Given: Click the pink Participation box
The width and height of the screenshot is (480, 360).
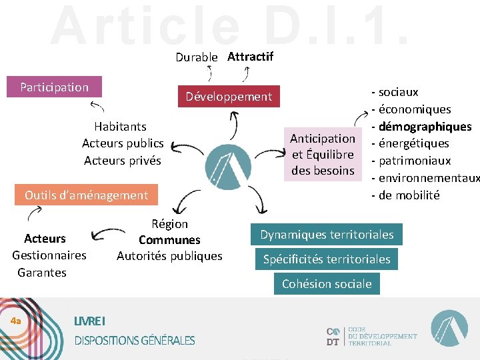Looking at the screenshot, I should point(54,87).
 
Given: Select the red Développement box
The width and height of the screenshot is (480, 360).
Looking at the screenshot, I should point(229,97).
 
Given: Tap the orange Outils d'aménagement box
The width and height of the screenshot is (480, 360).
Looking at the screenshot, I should point(86,195).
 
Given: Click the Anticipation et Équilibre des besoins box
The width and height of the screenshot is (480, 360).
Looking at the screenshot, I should point(323,155).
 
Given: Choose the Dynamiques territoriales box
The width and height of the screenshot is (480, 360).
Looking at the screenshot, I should point(327,235).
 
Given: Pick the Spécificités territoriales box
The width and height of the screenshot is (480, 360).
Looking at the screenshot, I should point(327,259).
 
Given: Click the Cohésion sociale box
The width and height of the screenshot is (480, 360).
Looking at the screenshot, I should point(327,284).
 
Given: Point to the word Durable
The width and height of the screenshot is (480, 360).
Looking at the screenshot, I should point(196,57).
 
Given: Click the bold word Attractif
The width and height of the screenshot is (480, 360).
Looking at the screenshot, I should point(250,57).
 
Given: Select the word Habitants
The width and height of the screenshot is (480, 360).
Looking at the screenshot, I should point(120,126).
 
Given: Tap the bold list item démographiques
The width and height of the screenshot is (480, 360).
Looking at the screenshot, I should point(425,127).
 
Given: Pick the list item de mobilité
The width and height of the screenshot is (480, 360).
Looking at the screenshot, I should point(409,195).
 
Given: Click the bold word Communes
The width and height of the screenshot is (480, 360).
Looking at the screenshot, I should point(169,240).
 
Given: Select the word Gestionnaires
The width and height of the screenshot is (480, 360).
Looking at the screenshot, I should point(49,255).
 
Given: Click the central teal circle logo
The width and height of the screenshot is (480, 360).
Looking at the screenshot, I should point(228,163).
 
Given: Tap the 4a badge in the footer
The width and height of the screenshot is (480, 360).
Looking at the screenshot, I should point(16,321).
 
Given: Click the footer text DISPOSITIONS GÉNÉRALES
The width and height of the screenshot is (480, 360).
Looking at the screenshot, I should point(135,341).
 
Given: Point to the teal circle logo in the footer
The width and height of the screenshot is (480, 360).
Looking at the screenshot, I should point(449,329).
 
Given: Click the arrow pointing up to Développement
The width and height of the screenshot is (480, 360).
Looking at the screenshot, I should point(233,125).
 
